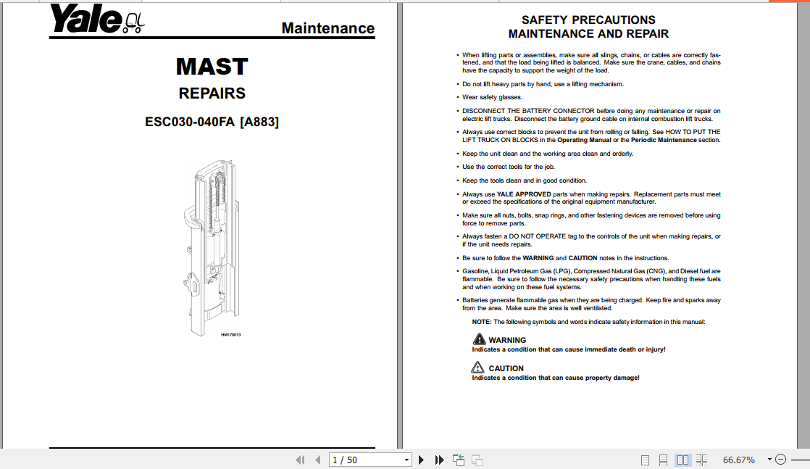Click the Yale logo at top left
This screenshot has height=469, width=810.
(96, 20)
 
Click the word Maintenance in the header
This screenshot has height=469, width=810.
(327, 28)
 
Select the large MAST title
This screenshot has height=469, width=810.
(212, 67)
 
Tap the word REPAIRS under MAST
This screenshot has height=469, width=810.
(212, 94)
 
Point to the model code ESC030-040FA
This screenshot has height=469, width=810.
(190, 122)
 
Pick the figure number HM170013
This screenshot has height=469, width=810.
(231, 335)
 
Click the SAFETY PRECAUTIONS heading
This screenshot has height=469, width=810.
(588, 20)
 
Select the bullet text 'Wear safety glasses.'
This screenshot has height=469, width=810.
(492, 97)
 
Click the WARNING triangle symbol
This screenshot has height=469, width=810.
(479, 339)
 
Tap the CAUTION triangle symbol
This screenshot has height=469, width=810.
(479, 368)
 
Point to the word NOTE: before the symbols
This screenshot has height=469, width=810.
(482, 322)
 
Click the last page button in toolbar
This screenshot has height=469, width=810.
(439, 460)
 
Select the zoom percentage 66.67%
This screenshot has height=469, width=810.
(738, 460)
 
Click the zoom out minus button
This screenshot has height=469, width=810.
(780, 460)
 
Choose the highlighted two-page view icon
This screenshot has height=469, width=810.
(682, 460)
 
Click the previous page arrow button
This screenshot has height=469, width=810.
(317, 460)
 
